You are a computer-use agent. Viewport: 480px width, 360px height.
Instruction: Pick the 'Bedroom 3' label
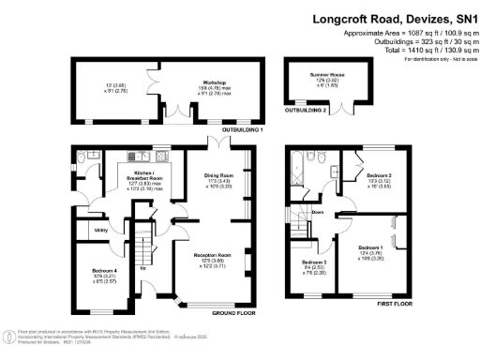coord(314,262)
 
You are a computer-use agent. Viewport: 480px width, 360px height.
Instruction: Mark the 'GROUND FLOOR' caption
coord(234,311)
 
